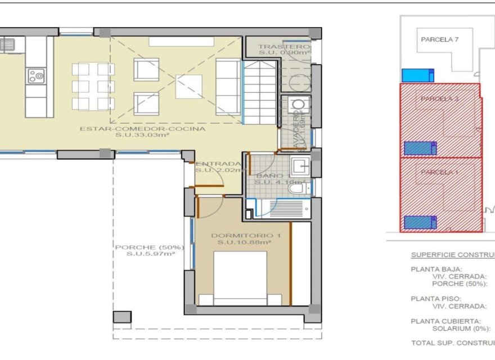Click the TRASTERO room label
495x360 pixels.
coord(285,47)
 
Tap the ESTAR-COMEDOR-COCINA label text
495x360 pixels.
coord(142,129)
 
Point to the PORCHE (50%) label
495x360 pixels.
coord(150,247)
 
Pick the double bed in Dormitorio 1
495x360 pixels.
coord(240,278)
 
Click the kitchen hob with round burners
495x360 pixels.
coord(37,75)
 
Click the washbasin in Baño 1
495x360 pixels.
coord(299,165)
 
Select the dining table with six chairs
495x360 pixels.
coord(93,86)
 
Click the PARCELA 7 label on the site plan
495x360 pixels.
coord(440,39)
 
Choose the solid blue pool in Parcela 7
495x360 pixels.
coord(417,75)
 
